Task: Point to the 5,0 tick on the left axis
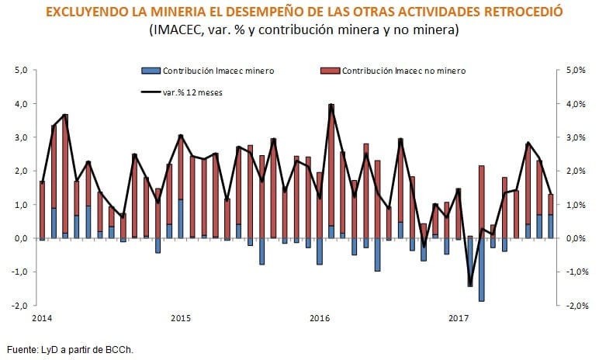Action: coord(22,70)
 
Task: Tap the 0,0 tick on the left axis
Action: coord(22,238)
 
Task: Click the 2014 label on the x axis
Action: coord(42,318)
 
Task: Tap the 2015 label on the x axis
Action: coord(181,318)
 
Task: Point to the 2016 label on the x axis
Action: coord(320,318)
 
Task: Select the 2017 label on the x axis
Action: coord(459,318)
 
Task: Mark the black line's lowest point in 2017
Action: coord(470,286)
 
